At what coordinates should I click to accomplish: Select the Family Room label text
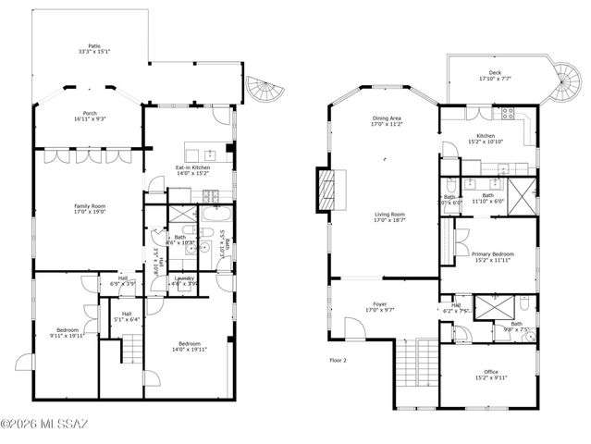90,208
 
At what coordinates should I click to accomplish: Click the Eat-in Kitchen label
193,170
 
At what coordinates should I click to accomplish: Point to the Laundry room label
183,280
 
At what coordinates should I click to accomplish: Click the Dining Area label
387,121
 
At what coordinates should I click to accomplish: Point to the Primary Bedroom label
492,256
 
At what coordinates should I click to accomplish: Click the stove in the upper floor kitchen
506,116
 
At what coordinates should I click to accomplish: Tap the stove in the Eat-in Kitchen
207,193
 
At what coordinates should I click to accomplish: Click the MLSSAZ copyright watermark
43,425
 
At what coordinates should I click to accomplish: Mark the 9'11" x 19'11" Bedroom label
67,333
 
